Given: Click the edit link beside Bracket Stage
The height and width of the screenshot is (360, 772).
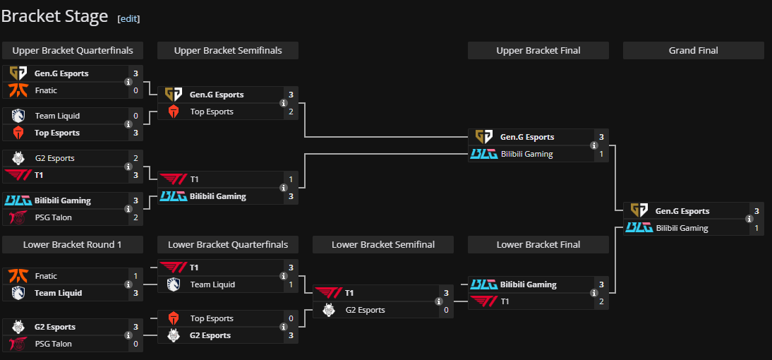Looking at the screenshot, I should pyautogui.click(x=128, y=19).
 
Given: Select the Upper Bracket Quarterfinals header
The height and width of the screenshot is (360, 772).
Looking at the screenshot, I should pyautogui.click(x=73, y=51).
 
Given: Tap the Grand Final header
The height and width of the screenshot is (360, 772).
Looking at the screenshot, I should pyautogui.click(x=693, y=51).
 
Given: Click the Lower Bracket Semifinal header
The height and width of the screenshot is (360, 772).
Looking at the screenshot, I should pyautogui.click(x=383, y=245).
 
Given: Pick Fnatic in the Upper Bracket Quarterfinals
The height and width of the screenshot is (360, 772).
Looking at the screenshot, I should pyautogui.click(x=46, y=90).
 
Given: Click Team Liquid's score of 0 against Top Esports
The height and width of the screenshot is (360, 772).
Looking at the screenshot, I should pyautogui.click(x=135, y=116).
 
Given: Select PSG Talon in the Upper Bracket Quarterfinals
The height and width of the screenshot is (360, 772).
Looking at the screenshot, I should pyautogui.click(x=53, y=217).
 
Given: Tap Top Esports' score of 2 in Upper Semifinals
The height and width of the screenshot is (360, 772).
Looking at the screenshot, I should pyautogui.click(x=291, y=112).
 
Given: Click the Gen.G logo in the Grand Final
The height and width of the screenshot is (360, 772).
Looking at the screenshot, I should pyautogui.click(x=639, y=210).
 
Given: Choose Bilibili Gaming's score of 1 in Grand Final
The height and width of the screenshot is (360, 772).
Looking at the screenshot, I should pyautogui.click(x=756, y=228).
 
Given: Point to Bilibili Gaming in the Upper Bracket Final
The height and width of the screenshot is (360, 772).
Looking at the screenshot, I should pyautogui.click(x=526, y=154).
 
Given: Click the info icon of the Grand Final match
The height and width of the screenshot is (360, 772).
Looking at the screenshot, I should pyautogui.click(x=749, y=220).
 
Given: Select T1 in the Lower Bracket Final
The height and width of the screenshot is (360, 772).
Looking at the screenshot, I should pyautogui.click(x=505, y=301).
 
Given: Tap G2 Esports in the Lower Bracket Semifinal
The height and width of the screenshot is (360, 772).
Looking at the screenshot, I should pyautogui.click(x=365, y=310).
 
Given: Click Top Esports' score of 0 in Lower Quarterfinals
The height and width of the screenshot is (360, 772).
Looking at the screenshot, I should pyautogui.click(x=291, y=318).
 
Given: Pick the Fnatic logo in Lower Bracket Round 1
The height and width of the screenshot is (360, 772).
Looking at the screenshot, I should pyautogui.click(x=18, y=276).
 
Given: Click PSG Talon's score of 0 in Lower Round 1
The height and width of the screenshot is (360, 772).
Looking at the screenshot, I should pyautogui.click(x=135, y=344).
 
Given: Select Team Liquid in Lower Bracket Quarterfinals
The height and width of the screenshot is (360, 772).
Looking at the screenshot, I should pyautogui.click(x=212, y=284).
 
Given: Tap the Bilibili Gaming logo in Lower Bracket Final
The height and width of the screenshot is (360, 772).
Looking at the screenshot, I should pyautogui.click(x=484, y=284).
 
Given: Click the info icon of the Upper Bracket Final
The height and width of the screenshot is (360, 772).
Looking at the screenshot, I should pyautogui.click(x=594, y=145).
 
